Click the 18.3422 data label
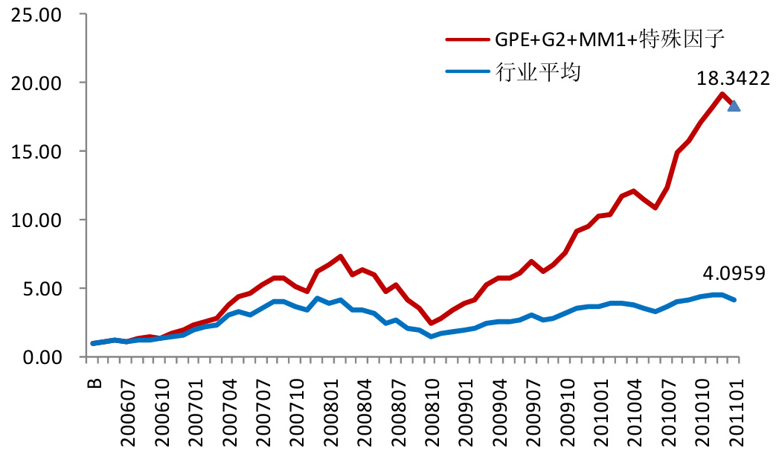coord(733,79)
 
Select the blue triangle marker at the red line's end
coord(734,106)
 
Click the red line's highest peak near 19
coord(720,94)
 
